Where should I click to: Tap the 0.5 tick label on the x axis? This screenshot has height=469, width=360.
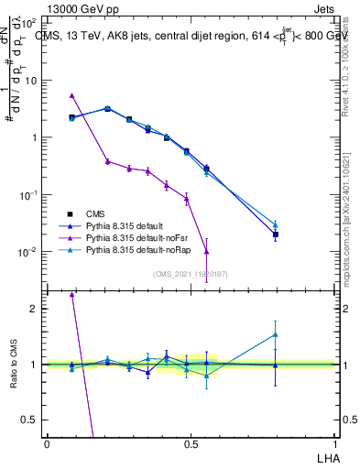[191, 443]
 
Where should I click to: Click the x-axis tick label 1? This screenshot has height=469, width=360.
[334, 443]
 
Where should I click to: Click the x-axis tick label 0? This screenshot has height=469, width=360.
[47, 443]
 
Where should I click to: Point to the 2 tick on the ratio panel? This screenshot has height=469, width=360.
[35, 309]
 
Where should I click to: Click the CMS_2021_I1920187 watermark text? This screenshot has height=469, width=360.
[190, 273]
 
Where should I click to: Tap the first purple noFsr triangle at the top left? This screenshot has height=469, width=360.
[71, 95]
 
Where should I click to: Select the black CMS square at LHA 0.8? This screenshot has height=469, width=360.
[275, 234]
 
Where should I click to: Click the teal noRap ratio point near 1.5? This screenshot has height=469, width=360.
[275, 335]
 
